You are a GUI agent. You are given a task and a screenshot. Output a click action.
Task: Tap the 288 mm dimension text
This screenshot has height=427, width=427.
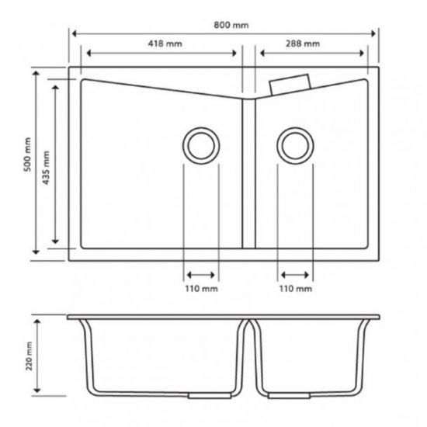304,44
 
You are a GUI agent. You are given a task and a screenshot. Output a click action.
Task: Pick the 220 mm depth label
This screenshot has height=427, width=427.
29,356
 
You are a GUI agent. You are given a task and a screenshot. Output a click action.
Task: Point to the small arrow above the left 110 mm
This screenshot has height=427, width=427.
201,274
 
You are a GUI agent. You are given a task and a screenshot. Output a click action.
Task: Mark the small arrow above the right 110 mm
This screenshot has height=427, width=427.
296,274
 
